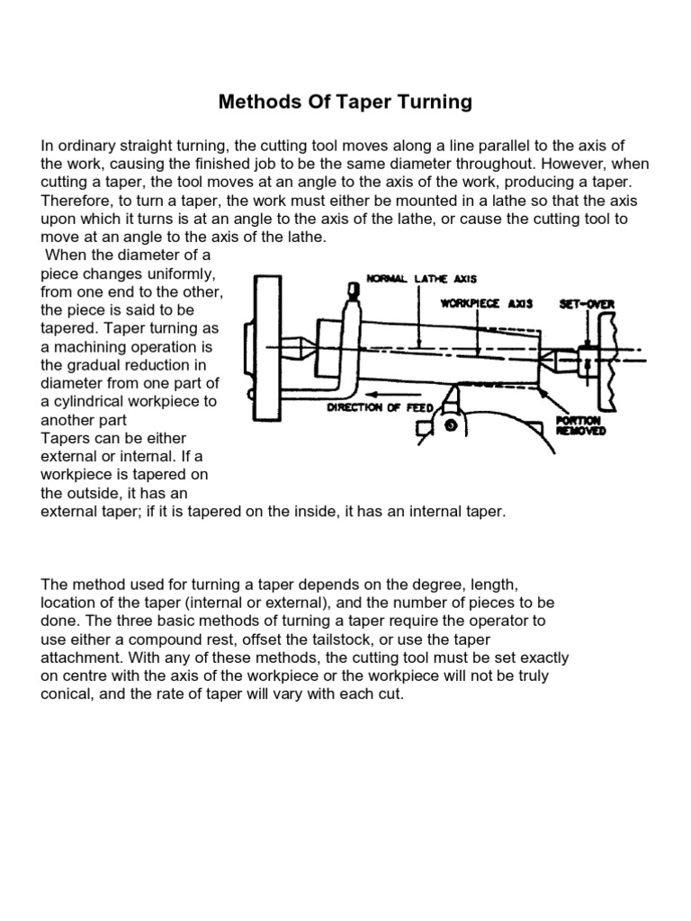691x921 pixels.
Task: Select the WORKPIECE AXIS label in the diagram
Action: tap(486, 304)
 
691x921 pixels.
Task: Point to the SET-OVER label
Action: tap(587, 304)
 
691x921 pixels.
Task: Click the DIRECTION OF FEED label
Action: tap(380, 407)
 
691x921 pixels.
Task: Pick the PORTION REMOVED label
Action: tap(580, 425)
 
